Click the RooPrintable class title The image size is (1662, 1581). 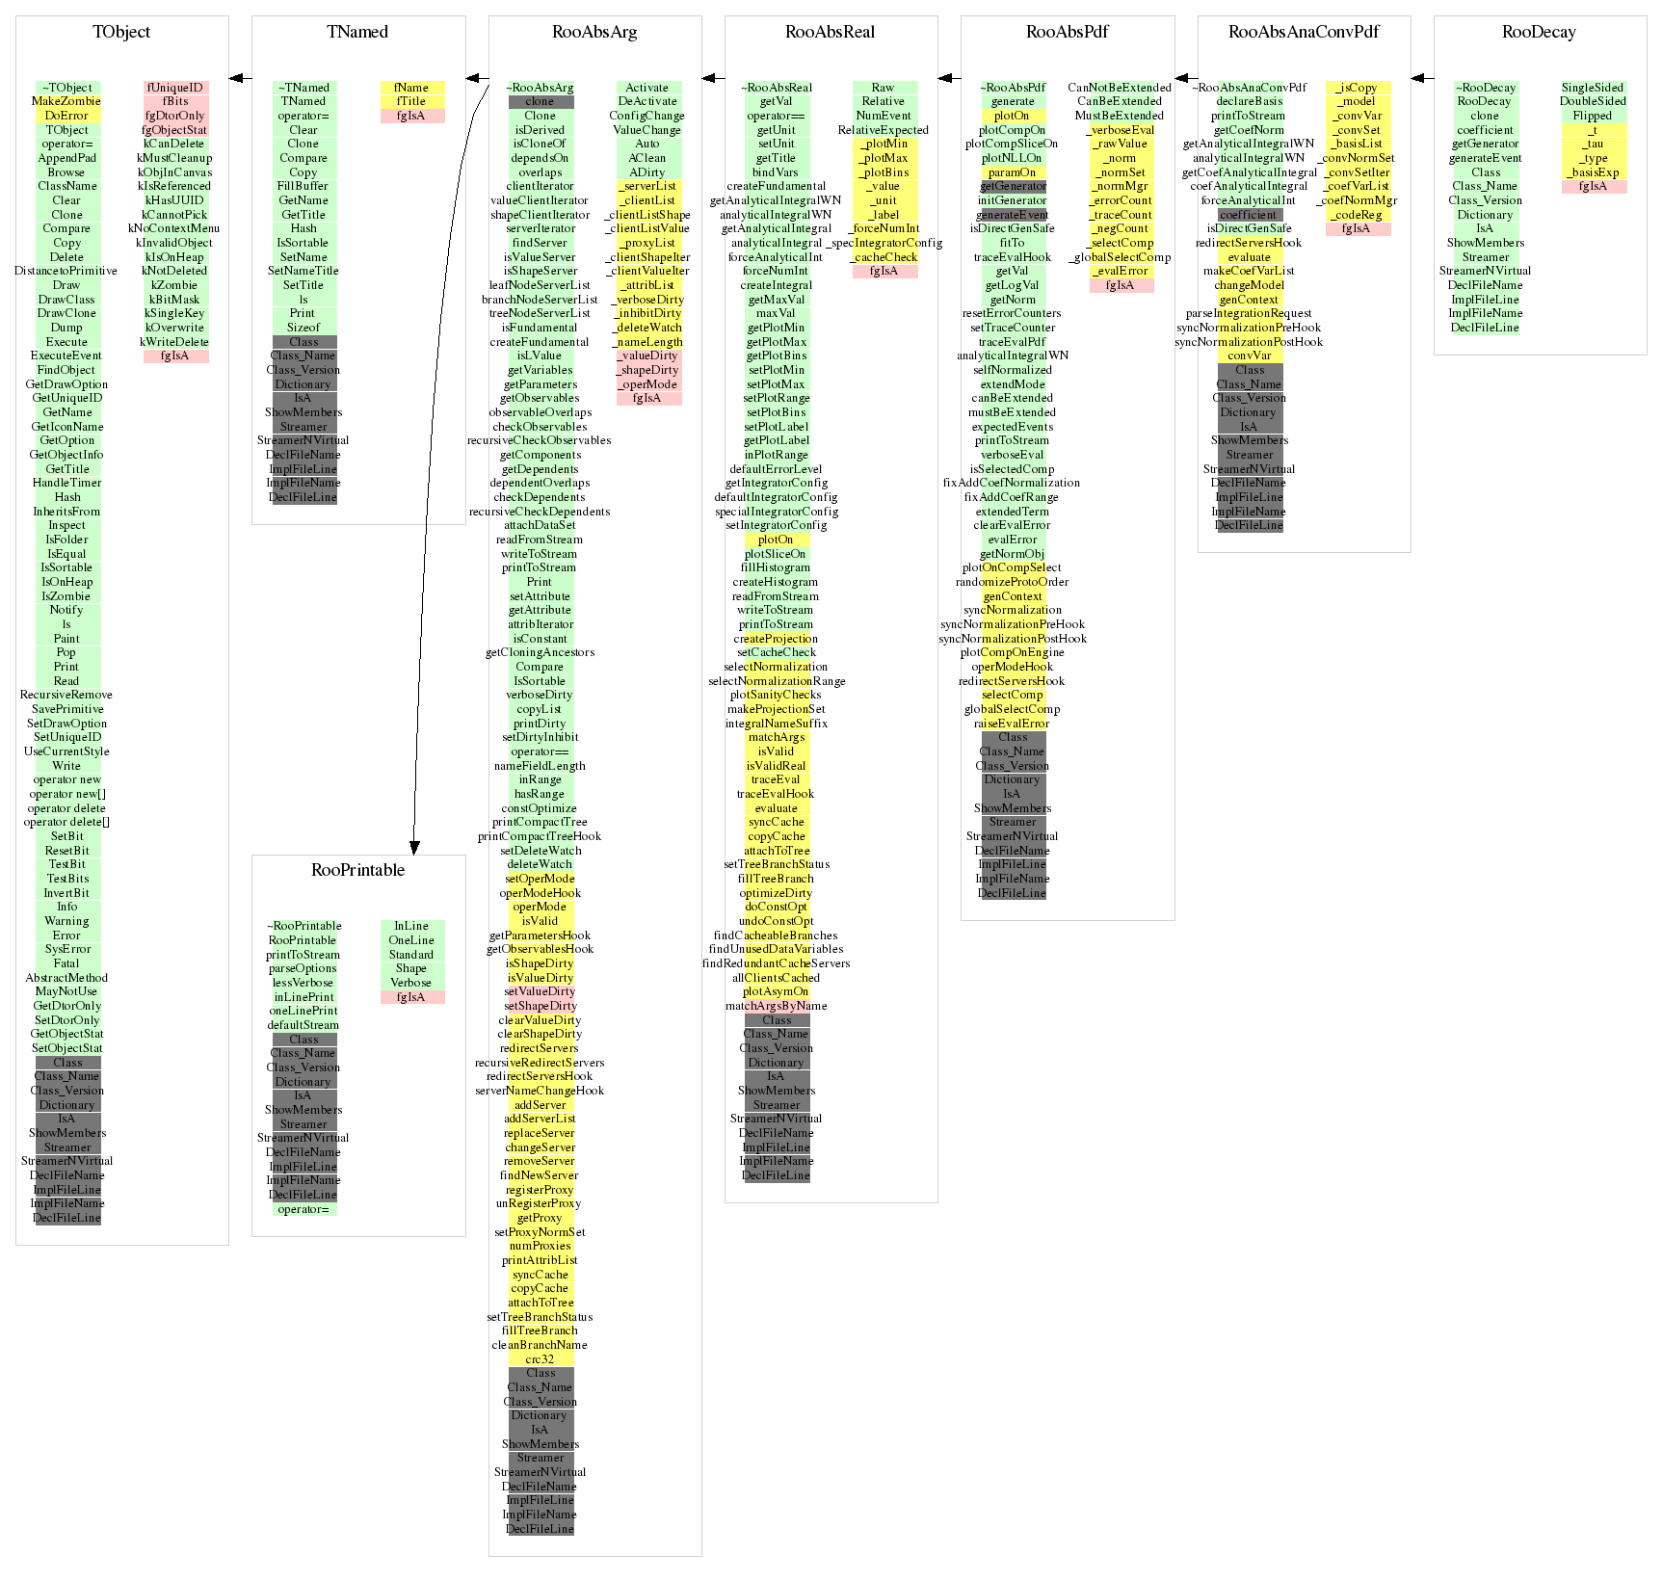click(x=357, y=870)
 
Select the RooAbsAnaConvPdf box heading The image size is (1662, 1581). click(x=1303, y=32)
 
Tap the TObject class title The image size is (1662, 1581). click(x=121, y=32)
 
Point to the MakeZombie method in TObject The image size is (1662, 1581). click(x=66, y=101)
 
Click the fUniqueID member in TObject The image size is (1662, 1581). click(x=175, y=88)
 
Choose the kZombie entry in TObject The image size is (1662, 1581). click(x=174, y=285)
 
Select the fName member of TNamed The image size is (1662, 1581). click(x=411, y=88)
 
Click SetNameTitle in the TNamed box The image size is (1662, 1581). click(x=303, y=271)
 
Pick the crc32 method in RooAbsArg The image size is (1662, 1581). click(x=540, y=1359)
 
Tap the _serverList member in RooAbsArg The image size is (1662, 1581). click(x=648, y=186)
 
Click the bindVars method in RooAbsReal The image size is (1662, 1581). click(x=776, y=172)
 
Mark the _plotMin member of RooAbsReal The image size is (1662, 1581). click(x=884, y=144)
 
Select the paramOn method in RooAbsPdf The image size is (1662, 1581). click(x=1012, y=172)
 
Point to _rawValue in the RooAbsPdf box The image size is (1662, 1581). click(x=1121, y=144)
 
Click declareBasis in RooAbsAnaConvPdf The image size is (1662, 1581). click(x=1249, y=101)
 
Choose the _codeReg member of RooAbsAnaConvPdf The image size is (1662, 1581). click(x=1358, y=215)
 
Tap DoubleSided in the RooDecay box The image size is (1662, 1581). click(x=1593, y=101)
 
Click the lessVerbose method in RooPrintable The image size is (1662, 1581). click(x=303, y=983)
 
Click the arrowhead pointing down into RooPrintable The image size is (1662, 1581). click(x=414, y=848)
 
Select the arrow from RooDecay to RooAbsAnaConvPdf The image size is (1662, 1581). click(x=1422, y=78)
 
